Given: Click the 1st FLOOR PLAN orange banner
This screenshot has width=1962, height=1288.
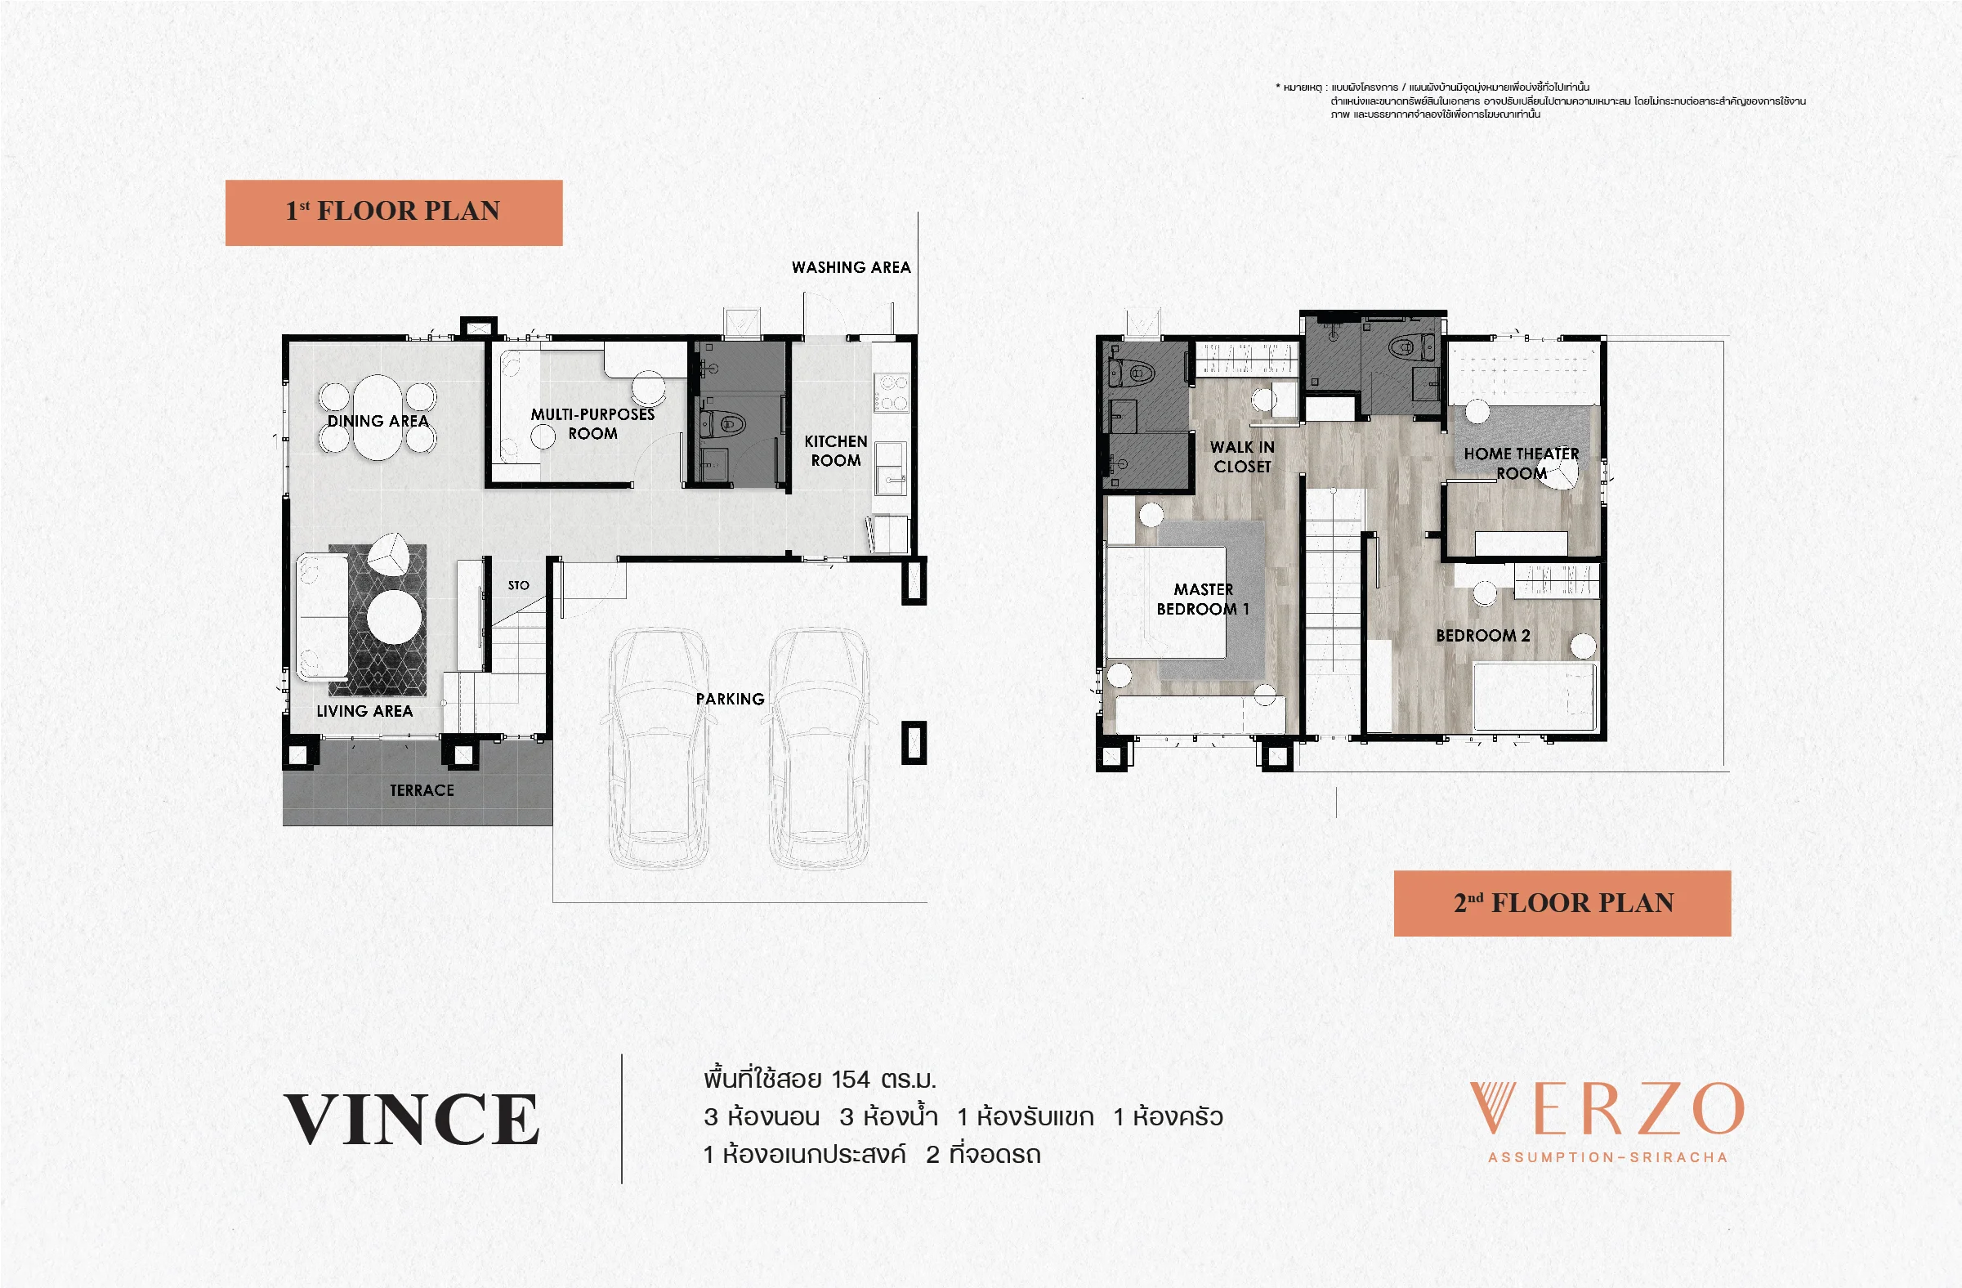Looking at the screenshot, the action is pos(394,212).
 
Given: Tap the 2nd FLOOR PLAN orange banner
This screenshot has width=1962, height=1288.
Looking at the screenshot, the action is pos(1562,903).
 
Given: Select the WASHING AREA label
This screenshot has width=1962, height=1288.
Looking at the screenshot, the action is pos(851,267).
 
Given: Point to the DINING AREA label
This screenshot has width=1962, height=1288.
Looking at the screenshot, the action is pos(378,421).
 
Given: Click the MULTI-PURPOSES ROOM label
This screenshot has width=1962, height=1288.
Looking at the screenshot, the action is pos(592,424).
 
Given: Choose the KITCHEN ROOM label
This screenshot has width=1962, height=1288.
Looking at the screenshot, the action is pos(836,451).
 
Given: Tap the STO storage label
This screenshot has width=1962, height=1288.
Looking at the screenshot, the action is pos(519,585).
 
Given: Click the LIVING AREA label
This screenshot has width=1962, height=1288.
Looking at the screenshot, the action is pos(364,711).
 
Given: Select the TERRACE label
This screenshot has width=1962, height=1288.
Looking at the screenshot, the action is pos(422,790).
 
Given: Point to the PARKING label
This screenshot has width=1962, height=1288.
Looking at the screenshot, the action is pos(731,700).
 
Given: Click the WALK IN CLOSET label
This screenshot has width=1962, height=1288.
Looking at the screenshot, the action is pos(1242,457).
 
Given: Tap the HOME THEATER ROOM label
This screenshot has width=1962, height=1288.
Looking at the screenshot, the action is pos(1522,463).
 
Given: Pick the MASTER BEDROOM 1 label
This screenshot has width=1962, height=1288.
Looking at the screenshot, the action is pos(1203,600).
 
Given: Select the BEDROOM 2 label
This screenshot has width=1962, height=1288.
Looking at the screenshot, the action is pos(1483,636).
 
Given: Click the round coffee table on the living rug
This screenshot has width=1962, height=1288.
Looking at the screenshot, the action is pos(396,617).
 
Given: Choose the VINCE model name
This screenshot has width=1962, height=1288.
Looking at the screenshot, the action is pos(411,1119).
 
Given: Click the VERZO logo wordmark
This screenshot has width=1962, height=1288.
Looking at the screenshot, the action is pos(1607,1109).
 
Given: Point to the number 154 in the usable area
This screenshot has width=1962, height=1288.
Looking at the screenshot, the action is pos(851,1080).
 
